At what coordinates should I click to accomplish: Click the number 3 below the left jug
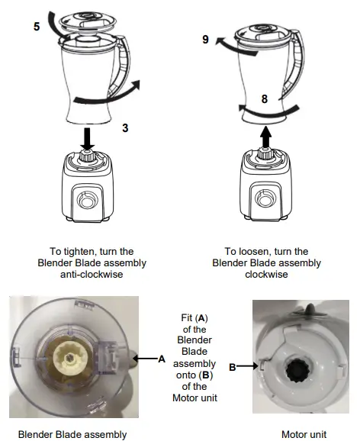coord(125,130)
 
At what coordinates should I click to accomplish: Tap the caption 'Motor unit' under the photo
coord(303,434)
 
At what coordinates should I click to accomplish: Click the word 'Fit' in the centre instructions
coord(180,316)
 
